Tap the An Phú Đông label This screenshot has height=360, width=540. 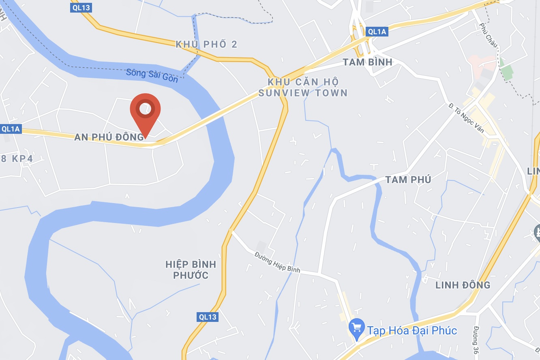[109, 137]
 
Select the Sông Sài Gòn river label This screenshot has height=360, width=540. [152, 75]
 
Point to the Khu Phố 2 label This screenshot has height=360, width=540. [206, 44]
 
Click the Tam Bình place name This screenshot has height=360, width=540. [368, 62]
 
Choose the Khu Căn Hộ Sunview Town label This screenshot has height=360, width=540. [303, 88]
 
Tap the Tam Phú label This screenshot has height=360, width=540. [408, 180]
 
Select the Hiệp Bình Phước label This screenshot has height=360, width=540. [191, 270]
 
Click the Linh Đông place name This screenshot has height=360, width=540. [463, 285]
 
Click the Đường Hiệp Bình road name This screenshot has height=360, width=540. [278, 262]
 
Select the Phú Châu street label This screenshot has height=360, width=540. [489, 34]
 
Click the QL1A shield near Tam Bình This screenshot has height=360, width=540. [377, 32]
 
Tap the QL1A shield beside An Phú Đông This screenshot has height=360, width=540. [11, 129]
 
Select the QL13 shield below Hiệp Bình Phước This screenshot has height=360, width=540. [208, 317]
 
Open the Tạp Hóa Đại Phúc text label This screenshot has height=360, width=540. [412, 330]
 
